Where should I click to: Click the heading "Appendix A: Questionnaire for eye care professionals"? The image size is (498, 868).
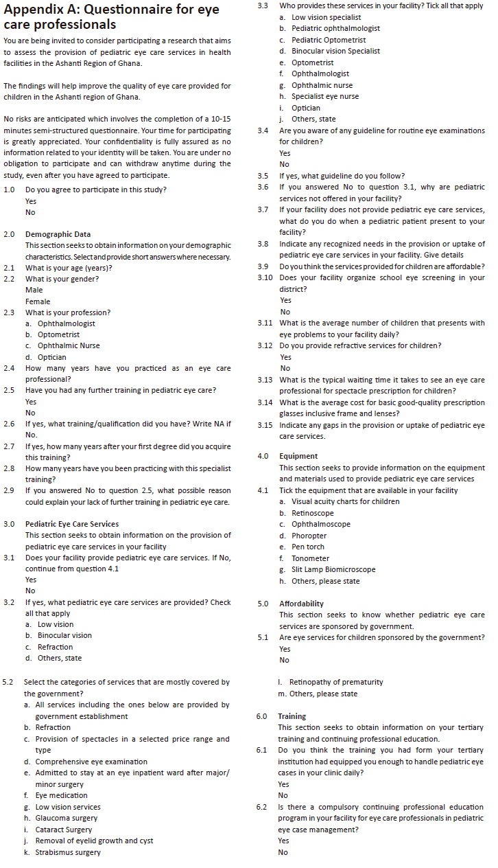point(117,17)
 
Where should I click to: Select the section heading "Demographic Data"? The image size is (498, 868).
point(58,234)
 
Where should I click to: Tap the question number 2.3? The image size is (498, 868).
point(10,312)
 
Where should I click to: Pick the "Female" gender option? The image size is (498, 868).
point(38,301)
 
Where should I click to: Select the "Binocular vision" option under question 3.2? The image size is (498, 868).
point(64,635)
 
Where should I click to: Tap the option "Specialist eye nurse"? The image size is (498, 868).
point(325,96)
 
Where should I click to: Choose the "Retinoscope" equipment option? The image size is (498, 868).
point(313,513)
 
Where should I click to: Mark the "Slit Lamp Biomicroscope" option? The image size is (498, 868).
point(333,569)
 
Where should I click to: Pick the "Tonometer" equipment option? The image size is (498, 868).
point(310,558)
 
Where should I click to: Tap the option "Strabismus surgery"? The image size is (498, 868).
point(68,852)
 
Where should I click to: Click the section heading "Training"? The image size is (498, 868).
point(292,716)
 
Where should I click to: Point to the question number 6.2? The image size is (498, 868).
point(261,807)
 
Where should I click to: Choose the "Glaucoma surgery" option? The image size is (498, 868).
point(67,818)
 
